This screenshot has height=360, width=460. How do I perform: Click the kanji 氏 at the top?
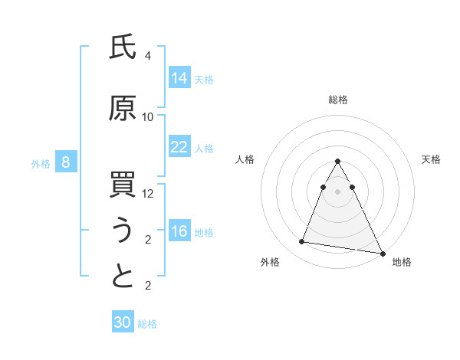(x=123, y=48)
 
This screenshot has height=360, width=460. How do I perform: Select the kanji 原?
(x=123, y=110)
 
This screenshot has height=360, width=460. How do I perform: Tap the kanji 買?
(x=123, y=186)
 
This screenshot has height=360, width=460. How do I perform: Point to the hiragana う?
(x=123, y=231)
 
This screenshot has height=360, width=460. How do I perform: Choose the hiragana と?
(x=123, y=277)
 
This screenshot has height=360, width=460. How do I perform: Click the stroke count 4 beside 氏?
(x=147, y=56)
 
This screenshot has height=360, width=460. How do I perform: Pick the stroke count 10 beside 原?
(x=148, y=117)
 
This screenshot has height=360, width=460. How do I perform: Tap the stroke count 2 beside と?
(x=147, y=286)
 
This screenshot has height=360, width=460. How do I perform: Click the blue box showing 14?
(x=179, y=78)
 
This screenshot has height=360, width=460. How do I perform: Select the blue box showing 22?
(x=179, y=147)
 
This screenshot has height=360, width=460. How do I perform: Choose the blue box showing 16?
(x=179, y=231)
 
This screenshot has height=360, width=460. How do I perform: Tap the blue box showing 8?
(x=67, y=162)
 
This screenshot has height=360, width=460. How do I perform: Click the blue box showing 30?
(x=123, y=322)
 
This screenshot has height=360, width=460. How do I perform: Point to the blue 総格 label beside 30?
(x=147, y=324)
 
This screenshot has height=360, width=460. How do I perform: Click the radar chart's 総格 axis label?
(x=338, y=100)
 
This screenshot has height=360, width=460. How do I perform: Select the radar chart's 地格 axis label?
(x=402, y=262)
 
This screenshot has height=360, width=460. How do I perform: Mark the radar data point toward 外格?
(x=302, y=242)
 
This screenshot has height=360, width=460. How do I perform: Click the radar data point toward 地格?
(x=382, y=254)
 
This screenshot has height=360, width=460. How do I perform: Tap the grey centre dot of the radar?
(x=338, y=191)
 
